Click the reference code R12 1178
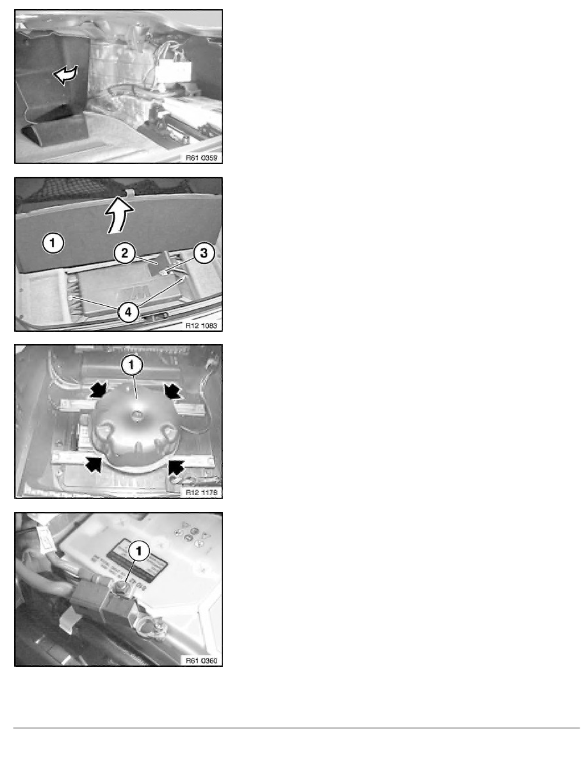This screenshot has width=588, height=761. coord(202,492)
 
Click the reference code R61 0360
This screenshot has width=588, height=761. coord(202,660)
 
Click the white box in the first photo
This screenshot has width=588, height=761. coord(174,70)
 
